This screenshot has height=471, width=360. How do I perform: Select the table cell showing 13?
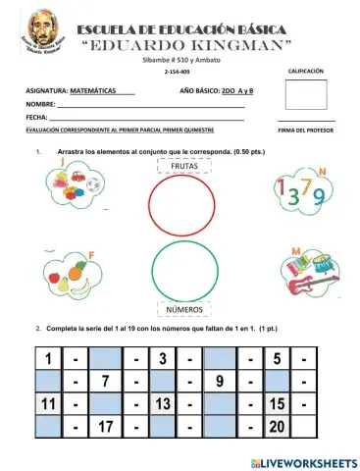coord(163,404)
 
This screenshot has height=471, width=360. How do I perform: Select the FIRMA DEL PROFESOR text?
coord(306,130)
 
